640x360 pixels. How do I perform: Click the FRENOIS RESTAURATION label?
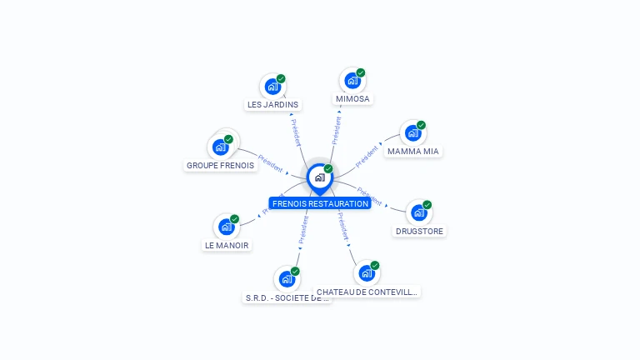pos(320,203)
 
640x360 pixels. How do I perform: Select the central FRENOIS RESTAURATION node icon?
pos(319,177)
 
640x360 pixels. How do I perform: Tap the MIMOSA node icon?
pos(352,81)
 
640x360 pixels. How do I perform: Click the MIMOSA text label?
pos(352,99)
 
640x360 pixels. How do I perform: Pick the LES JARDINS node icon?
pos(272,86)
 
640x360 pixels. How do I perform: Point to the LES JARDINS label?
pos(272,105)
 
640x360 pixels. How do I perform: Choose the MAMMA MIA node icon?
pos(412,132)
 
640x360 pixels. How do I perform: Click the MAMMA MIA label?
pos(413,152)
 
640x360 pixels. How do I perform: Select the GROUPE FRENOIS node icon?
pos(221,147)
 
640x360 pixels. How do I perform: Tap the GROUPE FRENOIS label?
pos(220,165)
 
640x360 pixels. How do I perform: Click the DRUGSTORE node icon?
pos(419,212)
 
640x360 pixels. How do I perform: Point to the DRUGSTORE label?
pos(420,231)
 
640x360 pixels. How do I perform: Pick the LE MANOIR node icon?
pos(227,226)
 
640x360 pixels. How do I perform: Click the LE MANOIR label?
pos(227,245)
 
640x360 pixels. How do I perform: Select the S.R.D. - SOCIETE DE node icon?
pos(287,278)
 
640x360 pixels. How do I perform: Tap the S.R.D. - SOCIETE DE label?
pos(287,297)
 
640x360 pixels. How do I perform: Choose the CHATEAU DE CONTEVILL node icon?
pos(367,272)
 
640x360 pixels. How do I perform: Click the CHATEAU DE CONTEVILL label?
pos(367,292)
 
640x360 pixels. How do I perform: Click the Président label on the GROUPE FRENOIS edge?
pos(271,162)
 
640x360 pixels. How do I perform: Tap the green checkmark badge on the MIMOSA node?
pos(361,72)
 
